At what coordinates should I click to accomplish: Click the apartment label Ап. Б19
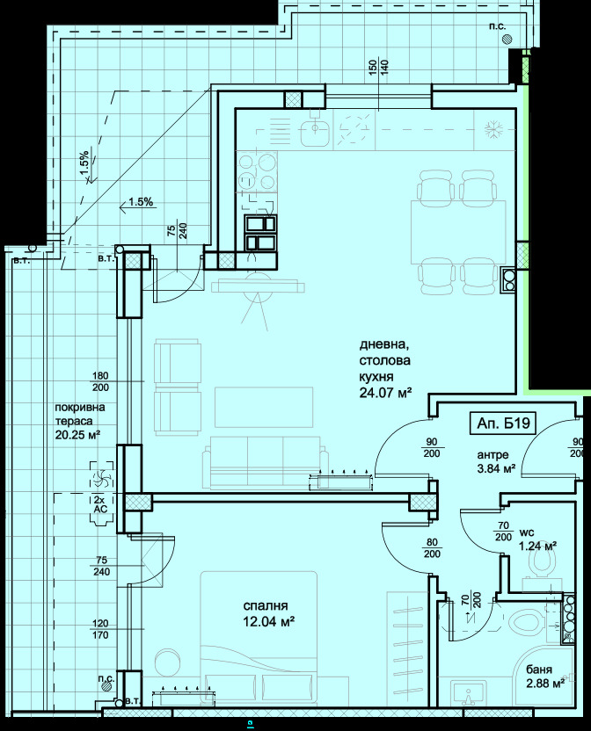(503, 423)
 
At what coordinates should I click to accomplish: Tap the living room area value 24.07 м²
(385, 393)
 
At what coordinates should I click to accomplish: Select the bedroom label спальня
(266, 605)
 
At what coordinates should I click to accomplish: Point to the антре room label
(493, 455)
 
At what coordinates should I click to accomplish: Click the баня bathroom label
(539, 669)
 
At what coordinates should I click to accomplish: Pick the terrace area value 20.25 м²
(78, 435)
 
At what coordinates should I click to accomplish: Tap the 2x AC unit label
(100, 504)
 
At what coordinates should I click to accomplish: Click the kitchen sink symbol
(315, 133)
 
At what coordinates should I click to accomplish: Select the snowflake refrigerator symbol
(492, 131)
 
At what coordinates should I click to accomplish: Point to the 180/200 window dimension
(100, 381)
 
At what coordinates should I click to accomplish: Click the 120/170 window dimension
(100, 629)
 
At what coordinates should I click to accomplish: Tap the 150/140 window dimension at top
(378, 69)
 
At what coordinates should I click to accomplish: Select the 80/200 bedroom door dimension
(433, 547)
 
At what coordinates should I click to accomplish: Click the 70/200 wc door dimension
(503, 531)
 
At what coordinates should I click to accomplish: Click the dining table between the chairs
(458, 232)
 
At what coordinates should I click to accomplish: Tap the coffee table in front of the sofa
(264, 407)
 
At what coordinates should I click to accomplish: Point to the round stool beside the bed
(168, 662)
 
